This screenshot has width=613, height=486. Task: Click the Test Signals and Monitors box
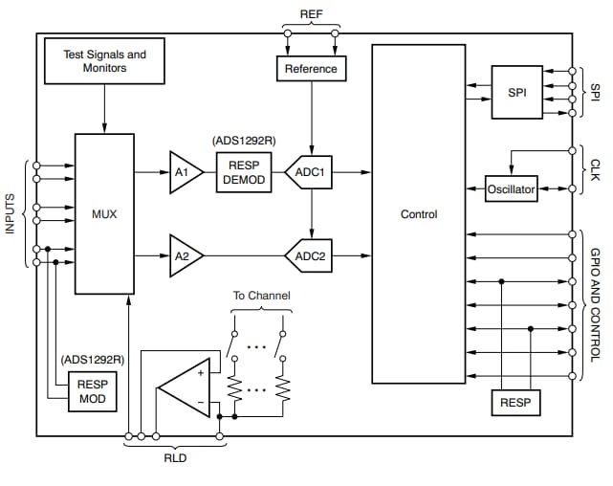pos(104,61)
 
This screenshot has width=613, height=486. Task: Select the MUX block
pos(104,214)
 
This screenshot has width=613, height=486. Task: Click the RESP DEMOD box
pos(245,172)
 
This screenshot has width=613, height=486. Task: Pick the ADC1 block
pos(309,172)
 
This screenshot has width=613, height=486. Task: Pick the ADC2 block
pos(309,255)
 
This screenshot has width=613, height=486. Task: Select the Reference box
pos(311,69)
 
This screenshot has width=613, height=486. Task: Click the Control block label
pos(419,214)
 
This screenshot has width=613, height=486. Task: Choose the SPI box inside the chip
pos(516,92)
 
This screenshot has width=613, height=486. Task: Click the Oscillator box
pos(512,188)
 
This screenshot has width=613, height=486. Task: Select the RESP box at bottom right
pos(515,403)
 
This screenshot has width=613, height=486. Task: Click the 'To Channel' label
pos(261,296)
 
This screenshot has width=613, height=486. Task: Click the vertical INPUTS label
pos(11,228)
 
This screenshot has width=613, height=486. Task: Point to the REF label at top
pos(312,13)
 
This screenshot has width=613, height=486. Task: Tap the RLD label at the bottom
pos(174,457)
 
